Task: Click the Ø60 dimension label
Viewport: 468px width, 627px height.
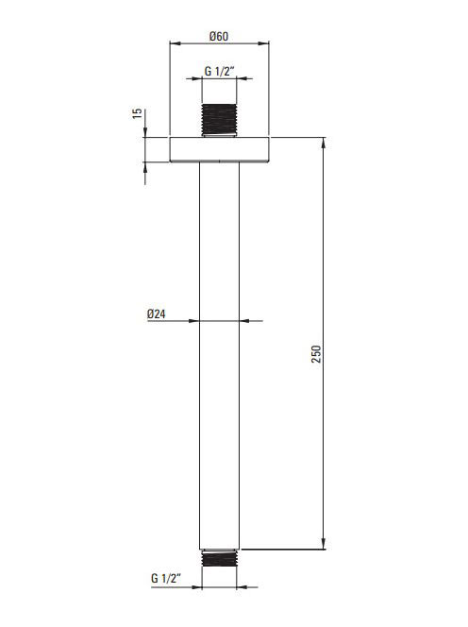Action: coord(219,37)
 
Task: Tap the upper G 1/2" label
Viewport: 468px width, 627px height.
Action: coord(219,71)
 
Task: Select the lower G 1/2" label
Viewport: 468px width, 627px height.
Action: coord(166,578)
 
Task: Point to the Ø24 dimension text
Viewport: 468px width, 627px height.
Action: coord(157,313)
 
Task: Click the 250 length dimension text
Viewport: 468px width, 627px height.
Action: coord(316,354)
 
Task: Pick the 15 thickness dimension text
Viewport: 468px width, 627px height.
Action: coord(137,113)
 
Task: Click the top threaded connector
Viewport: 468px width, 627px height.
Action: coord(219,120)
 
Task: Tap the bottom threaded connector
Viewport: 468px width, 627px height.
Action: coord(219,558)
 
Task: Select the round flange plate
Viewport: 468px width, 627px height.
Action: coord(219,149)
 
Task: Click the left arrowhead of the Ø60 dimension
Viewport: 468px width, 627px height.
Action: coord(175,43)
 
